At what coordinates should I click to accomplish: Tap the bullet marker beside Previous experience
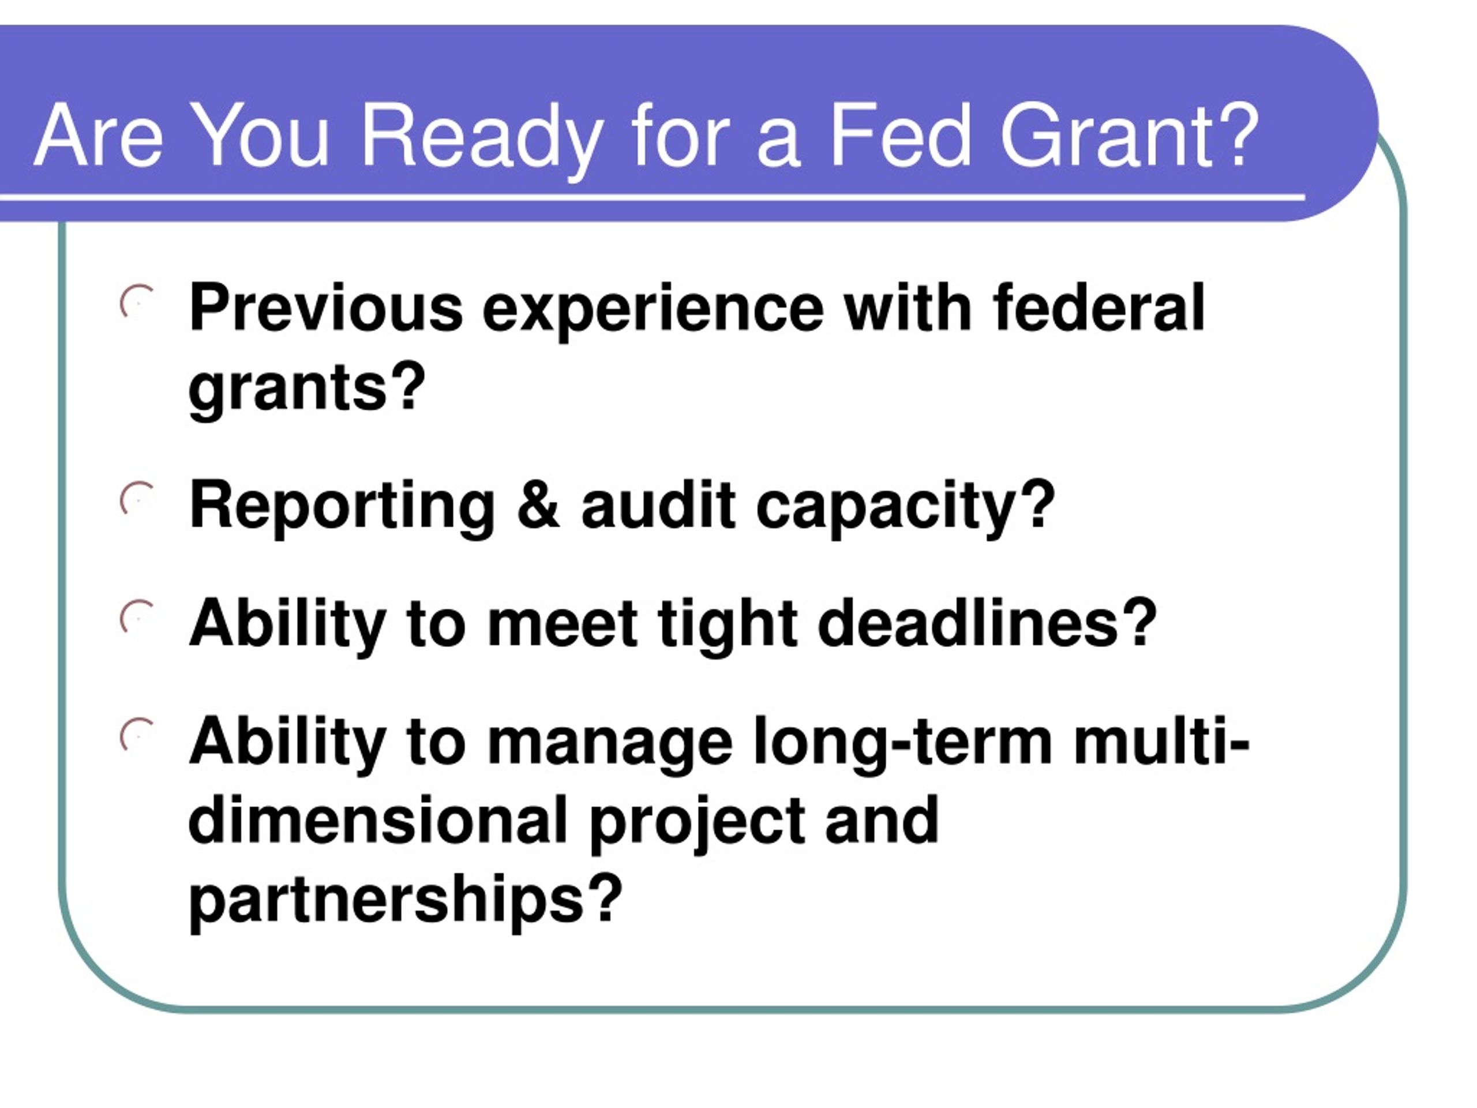pyautogui.click(x=137, y=302)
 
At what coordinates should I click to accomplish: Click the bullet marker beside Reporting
pyautogui.click(x=137, y=499)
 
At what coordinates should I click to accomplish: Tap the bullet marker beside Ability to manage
pyautogui.click(x=137, y=735)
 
